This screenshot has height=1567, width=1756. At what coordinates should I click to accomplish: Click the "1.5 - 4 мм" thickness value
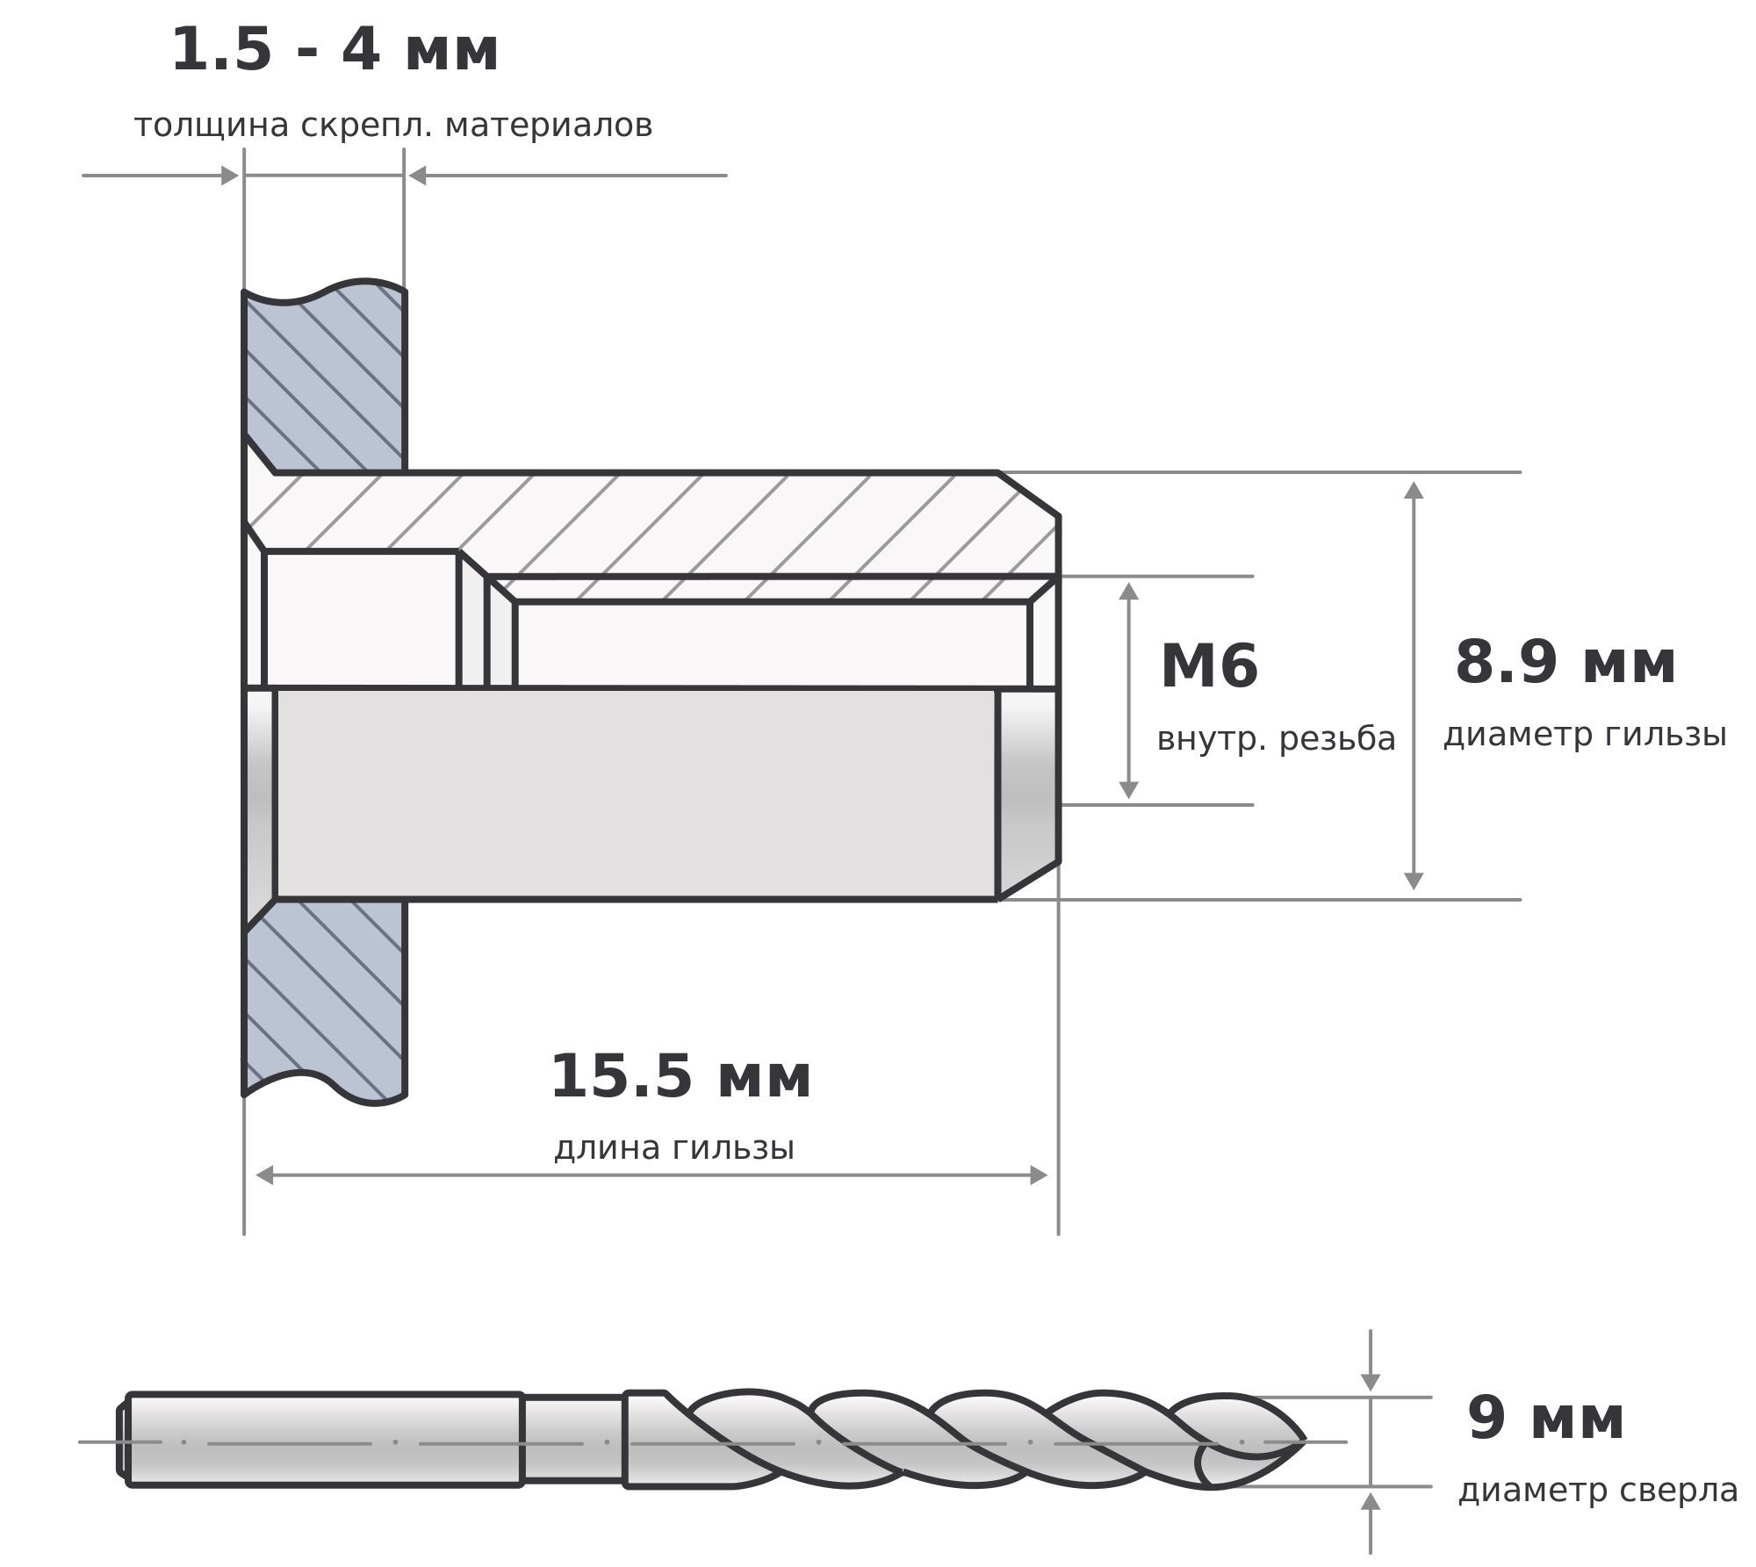[335, 50]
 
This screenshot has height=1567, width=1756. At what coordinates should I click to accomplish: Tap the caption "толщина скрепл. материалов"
[393, 126]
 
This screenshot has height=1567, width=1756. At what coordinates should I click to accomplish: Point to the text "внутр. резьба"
[1276, 739]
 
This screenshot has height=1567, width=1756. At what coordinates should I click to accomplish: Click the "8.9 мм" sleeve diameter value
[1565, 662]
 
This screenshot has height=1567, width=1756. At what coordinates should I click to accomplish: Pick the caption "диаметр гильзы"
[1585, 735]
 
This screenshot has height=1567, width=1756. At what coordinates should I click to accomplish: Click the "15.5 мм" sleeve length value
[680, 1076]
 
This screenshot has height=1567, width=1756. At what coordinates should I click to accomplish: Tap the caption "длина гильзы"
[674, 1148]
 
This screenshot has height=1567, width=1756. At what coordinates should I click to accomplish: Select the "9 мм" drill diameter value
[1545, 1419]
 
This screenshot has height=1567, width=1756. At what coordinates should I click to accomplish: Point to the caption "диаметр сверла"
[1598, 1491]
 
